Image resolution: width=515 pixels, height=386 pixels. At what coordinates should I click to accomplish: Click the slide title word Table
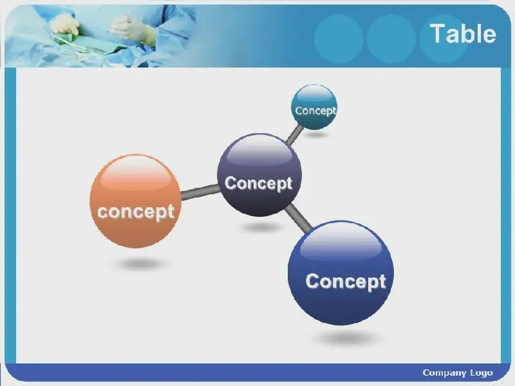point(463,33)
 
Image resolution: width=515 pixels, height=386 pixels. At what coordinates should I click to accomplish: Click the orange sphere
point(135,201)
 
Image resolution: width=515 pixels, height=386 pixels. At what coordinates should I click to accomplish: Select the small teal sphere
point(314,107)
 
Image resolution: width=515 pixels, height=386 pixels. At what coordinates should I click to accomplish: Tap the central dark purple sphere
point(259,174)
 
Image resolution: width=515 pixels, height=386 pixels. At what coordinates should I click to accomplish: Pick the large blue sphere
point(341,273)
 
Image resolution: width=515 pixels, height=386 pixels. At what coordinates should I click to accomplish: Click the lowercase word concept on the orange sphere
point(136,212)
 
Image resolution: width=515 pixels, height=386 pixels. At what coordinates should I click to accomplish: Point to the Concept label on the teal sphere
point(315,111)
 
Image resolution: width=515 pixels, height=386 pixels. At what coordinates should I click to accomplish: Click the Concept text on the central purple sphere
point(259,183)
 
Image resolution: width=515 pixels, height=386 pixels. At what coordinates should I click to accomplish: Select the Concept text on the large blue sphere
point(346,282)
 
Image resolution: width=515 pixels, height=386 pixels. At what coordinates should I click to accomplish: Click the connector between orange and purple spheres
point(200,192)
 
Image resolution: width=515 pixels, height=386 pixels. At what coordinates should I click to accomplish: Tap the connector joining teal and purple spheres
point(295,135)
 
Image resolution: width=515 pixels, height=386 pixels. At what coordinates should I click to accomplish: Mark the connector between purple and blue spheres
point(298,217)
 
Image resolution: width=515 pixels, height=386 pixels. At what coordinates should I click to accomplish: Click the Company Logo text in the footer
point(458,373)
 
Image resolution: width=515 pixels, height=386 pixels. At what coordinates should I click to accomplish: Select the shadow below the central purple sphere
point(262,227)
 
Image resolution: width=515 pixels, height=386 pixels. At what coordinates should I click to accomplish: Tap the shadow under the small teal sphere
point(316,134)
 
